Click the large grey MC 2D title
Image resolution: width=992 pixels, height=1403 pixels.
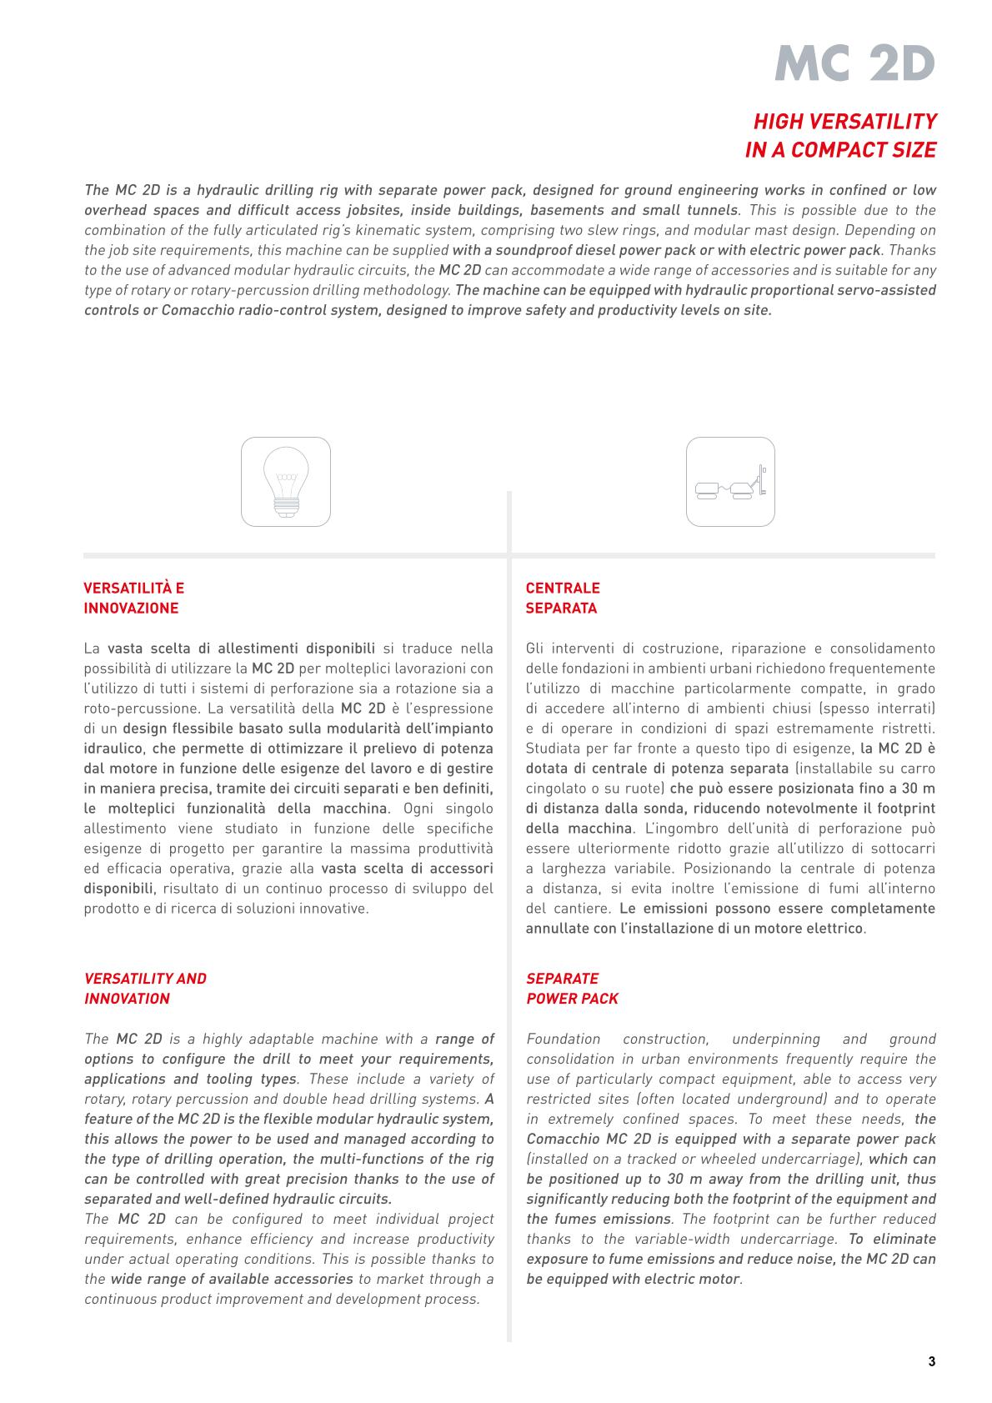click(855, 63)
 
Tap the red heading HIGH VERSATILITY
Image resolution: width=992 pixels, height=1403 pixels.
click(844, 122)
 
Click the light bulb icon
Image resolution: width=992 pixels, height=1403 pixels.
click(286, 482)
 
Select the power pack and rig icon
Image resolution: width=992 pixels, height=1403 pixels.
click(730, 482)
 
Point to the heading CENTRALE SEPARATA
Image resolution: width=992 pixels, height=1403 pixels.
click(563, 598)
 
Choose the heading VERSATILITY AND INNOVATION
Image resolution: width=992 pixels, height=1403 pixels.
click(145, 988)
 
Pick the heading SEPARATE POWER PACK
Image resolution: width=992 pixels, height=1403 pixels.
click(572, 988)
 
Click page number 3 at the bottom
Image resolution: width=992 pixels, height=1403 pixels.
click(931, 1362)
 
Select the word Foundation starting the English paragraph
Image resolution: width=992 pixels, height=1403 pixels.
click(563, 1039)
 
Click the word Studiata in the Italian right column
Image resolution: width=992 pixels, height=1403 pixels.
click(552, 749)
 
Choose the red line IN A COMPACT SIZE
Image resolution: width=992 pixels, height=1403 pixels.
click(839, 151)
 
